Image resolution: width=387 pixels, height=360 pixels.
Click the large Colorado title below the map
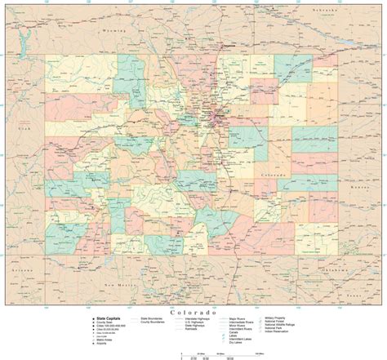click(x=193, y=312)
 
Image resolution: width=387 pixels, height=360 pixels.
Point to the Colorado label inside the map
click(x=272, y=176)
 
